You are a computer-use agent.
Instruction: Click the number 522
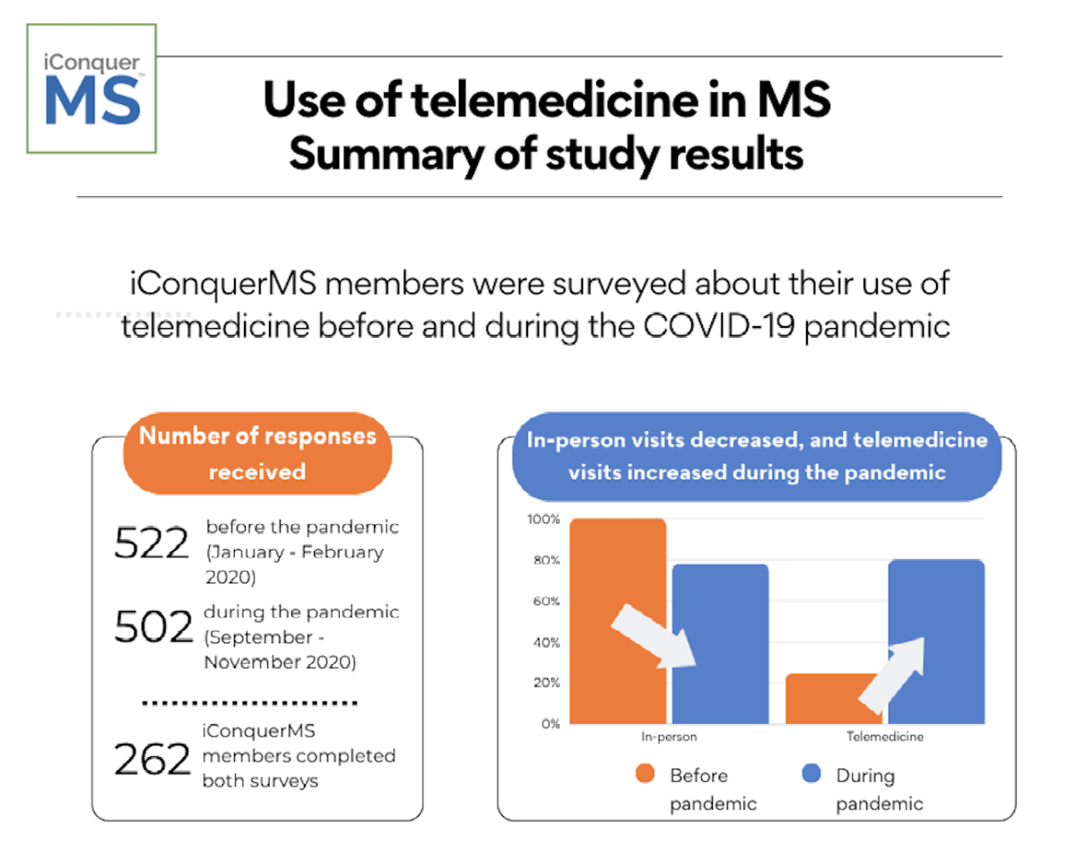(x=152, y=544)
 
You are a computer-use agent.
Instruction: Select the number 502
(x=153, y=627)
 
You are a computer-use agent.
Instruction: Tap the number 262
(x=152, y=760)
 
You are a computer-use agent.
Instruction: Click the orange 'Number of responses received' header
(x=257, y=453)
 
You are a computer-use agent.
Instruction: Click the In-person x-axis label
(x=669, y=737)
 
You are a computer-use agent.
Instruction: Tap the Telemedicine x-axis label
(x=885, y=737)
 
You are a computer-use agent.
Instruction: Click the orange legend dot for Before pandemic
(x=644, y=775)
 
